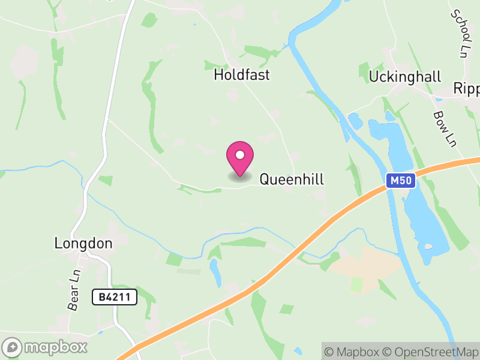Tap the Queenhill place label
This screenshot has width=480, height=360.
[292, 179]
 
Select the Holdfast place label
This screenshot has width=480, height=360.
[242, 75]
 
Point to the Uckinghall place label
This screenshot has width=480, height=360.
[405, 77]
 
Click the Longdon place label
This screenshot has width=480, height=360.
[83, 244]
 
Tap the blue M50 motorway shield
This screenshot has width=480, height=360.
[400, 181]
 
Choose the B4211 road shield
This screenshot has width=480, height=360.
[115, 296]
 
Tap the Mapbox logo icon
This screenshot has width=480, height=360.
[13, 347]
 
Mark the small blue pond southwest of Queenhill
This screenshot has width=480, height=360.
[215, 273]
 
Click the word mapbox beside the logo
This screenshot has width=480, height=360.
[56, 347]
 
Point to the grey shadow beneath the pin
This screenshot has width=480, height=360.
[240, 176]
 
